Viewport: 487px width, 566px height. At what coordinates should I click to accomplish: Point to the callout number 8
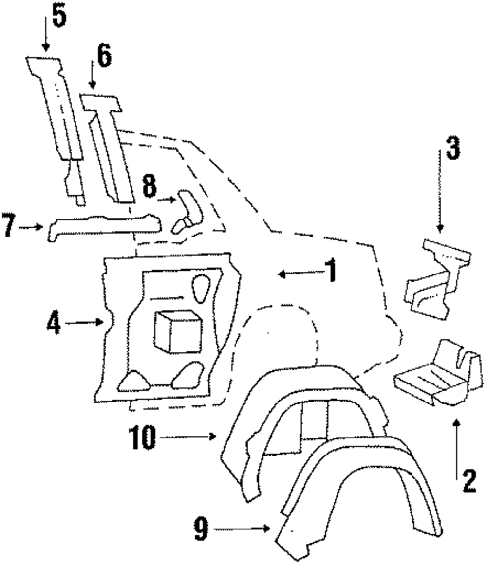click(150, 187)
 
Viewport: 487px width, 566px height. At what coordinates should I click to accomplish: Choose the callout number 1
click(331, 271)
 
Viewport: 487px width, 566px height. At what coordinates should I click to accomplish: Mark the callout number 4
click(54, 323)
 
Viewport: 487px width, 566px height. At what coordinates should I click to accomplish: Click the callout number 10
click(142, 438)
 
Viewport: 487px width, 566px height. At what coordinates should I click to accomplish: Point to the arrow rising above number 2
click(456, 448)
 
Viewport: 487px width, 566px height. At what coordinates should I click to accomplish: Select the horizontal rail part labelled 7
click(105, 226)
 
